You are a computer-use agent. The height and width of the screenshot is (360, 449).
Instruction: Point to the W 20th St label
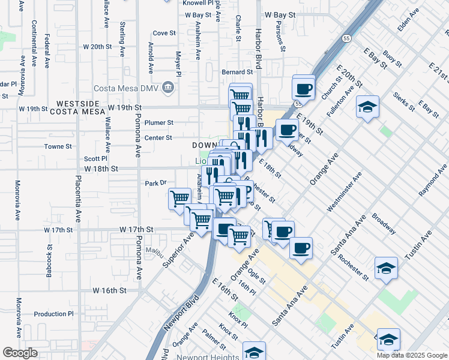coord(97,46)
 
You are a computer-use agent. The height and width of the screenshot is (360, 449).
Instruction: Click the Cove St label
coord(164,34)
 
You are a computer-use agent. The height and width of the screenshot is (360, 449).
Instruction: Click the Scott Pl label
coord(95,158)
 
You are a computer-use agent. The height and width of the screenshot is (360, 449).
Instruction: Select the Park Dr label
coord(155,183)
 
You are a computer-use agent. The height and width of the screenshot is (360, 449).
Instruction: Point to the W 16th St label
coord(109,290)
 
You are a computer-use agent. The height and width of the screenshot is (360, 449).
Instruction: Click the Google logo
coord(20,353)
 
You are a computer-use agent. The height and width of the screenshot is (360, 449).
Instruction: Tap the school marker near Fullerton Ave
coord(367,107)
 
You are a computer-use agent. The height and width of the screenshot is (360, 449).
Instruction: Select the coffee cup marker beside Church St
coord(303,89)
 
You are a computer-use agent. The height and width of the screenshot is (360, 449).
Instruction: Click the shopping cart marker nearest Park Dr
coord(179,199)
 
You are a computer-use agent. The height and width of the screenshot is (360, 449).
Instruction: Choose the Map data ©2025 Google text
coord(412,355)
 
